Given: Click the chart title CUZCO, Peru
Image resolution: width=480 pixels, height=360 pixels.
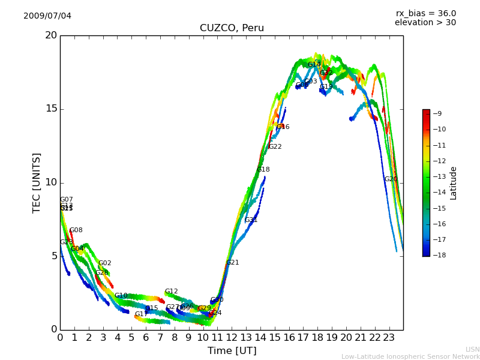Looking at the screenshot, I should click(x=232, y=28).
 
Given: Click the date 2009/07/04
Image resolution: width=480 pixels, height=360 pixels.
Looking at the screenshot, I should click(x=47, y=16).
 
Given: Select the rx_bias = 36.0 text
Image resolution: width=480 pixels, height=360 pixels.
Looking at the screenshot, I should click(x=425, y=14).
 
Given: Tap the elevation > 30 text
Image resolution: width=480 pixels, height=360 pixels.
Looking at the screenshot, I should click(x=425, y=23).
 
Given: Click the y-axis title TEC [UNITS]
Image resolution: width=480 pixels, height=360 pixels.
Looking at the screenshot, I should click(x=37, y=182).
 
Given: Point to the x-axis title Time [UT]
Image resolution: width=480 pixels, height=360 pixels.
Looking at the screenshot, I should click(x=232, y=350).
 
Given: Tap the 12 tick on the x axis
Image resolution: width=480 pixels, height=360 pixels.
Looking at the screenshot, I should click(x=232, y=338).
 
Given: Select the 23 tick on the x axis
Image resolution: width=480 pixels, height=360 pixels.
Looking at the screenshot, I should click(x=389, y=338).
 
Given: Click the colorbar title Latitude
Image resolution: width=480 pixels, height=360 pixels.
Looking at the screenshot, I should click(x=454, y=183).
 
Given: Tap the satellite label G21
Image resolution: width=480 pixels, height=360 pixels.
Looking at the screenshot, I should click(x=233, y=263).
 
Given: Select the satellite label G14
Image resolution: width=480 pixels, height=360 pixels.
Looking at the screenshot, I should click(x=314, y=65).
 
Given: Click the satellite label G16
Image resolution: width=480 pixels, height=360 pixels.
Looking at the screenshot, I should click(x=283, y=127).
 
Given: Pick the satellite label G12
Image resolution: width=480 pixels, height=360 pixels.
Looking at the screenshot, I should click(x=172, y=292).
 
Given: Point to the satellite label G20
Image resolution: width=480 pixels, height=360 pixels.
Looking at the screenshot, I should click(x=391, y=179).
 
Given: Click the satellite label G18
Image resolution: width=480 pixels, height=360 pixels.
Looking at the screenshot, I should click(x=263, y=170).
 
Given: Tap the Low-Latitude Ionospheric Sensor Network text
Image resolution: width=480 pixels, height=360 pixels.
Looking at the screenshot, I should click(x=410, y=356).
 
